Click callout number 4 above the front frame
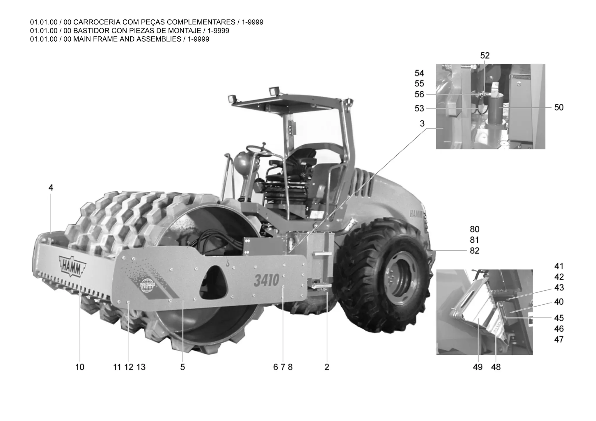pos(51,188)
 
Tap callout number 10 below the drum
pos(80,367)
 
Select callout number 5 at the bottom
pos(182,367)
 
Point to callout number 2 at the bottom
pos(327,367)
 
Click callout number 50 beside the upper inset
pos(559,108)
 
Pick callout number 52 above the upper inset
pos(485,56)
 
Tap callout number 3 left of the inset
pos(422,124)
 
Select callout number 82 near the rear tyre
pos(474,251)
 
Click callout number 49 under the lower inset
pos(478,367)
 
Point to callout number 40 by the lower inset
pos(559,302)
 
